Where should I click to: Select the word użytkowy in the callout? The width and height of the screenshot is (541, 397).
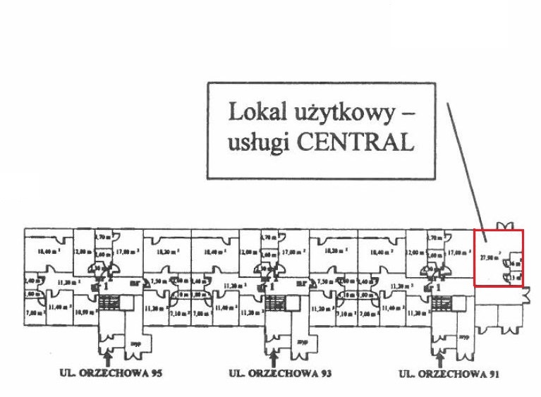[343, 112]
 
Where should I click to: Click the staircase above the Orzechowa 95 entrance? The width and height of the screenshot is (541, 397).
[108, 303]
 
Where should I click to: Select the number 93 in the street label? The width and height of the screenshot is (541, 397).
[324, 372]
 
